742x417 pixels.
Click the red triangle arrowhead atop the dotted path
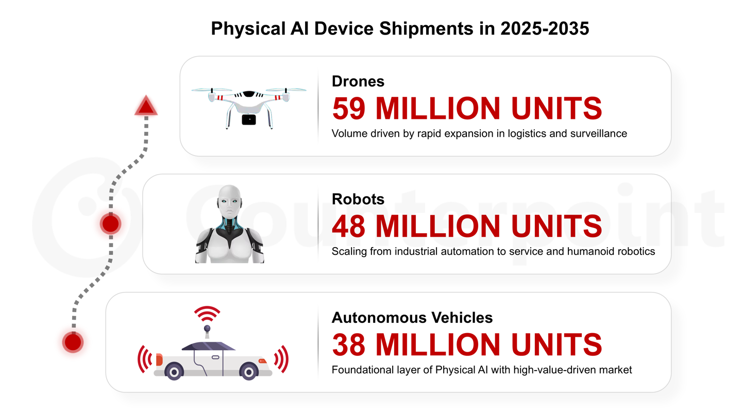[146, 107]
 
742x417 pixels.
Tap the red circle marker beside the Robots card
[110, 224]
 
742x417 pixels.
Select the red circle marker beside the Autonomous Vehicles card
[73, 341]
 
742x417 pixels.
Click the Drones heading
[358, 81]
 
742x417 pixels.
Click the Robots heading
[358, 199]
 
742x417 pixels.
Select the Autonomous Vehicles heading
[412, 318]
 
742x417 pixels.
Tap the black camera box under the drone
[249, 119]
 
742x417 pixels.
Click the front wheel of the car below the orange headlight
[175, 371]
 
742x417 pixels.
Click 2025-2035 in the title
[545, 29]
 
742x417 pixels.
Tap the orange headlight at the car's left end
[159, 359]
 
